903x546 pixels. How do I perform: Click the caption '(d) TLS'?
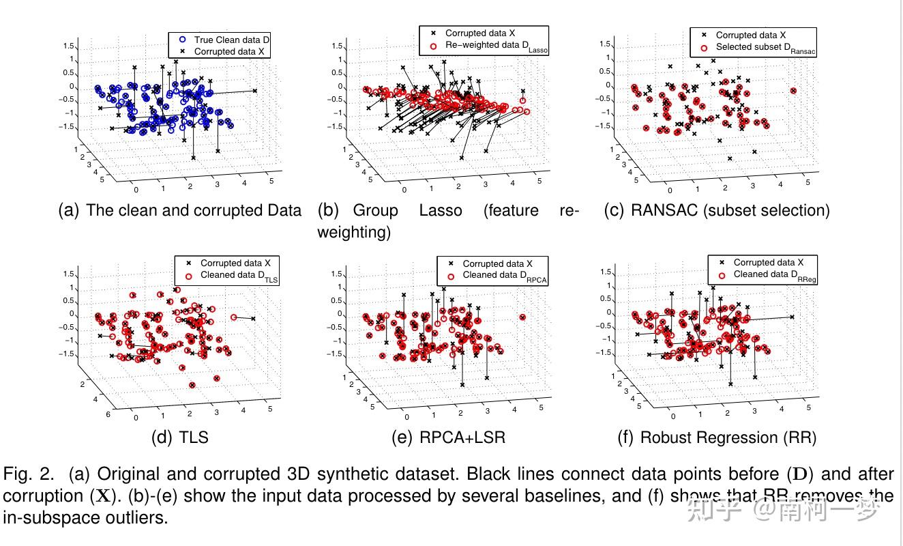click(179, 437)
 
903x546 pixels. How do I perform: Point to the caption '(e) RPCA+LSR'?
click(448, 437)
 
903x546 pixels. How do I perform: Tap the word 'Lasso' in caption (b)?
click(441, 210)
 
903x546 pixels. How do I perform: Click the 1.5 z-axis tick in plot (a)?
click(68, 46)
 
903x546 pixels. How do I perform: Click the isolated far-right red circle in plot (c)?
click(793, 91)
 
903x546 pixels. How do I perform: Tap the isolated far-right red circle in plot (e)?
click(522, 317)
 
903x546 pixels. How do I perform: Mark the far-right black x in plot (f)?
click(793, 317)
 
